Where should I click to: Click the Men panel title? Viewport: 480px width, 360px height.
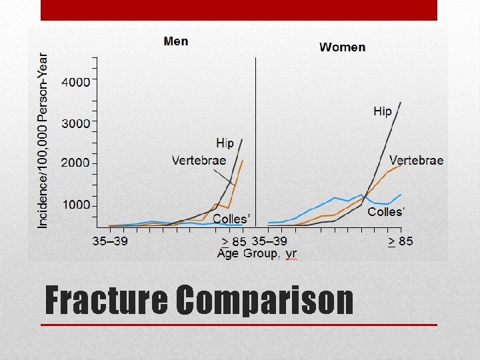click(176, 41)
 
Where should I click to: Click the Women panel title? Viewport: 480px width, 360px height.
click(342, 47)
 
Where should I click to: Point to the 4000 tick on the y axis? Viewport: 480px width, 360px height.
click(75, 82)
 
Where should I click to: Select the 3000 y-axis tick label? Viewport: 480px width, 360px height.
click(75, 123)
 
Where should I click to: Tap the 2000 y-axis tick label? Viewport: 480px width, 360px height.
click(75, 163)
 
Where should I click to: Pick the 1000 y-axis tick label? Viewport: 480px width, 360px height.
click(75, 205)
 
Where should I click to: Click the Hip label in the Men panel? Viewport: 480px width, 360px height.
click(225, 143)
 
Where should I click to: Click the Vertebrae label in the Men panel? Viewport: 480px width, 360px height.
click(199, 160)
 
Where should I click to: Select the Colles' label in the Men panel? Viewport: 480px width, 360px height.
click(231, 219)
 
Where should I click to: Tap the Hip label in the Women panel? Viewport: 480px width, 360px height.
click(382, 111)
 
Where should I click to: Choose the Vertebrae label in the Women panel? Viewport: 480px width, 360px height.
click(416, 160)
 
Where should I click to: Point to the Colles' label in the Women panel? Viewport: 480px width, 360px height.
click(386, 212)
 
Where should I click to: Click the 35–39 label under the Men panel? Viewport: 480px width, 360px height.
click(109, 241)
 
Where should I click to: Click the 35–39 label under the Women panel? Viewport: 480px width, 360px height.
click(270, 241)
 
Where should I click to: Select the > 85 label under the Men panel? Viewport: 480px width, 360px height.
click(233, 241)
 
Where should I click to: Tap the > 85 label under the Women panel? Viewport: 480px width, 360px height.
click(400, 241)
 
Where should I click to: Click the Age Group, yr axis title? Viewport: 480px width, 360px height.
click(257, 254)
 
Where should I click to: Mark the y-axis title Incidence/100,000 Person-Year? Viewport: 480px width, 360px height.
click(43, 141)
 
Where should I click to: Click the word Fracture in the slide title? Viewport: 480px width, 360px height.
click(106, 300)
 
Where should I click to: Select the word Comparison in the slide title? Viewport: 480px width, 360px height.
click(265, 300)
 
